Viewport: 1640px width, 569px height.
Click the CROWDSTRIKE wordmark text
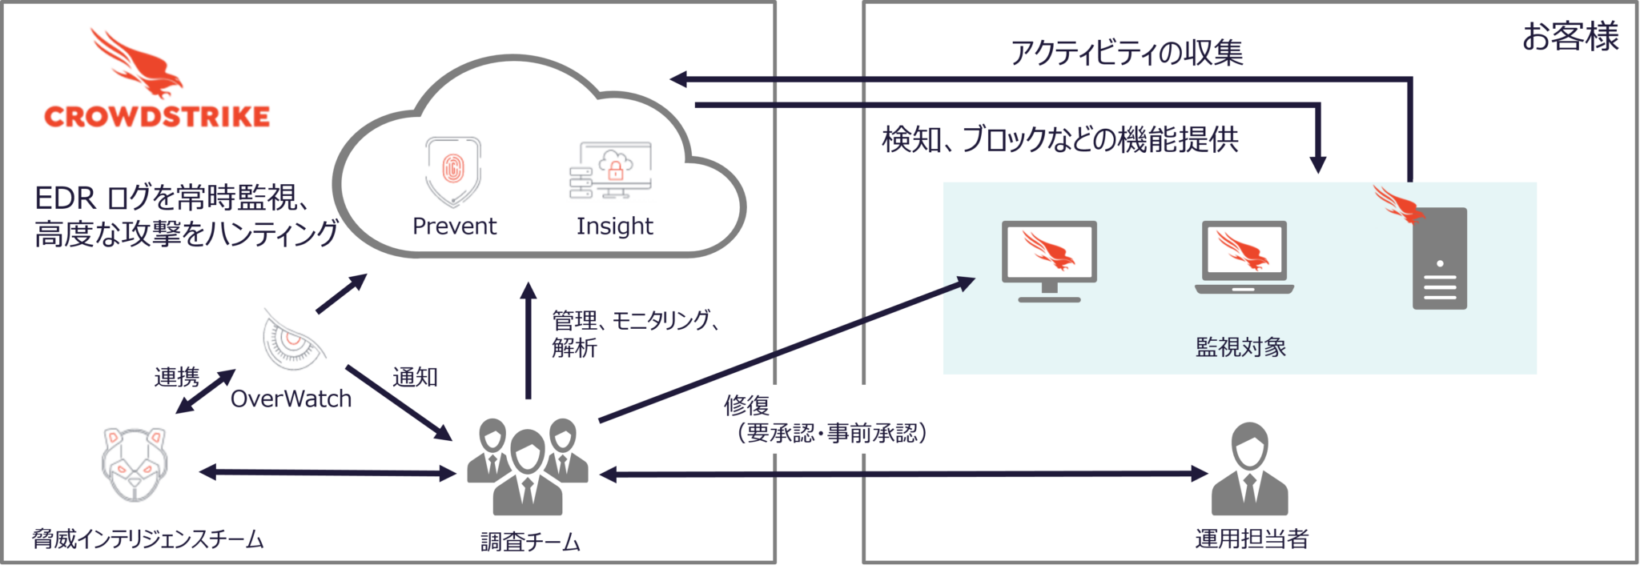(x=157, y=116)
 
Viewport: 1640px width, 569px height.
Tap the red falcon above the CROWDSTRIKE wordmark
(x=136, y=64)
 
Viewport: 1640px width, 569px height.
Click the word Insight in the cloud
(x=614, y=226)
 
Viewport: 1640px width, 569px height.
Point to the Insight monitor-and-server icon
(x=611, y=170)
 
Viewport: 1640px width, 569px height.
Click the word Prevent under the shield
(x=454, y=226)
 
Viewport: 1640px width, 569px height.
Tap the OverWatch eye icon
(x=294, y=340)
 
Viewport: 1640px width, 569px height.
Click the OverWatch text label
(x=291, y=399)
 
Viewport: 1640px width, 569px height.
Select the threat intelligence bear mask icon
(x=135, y=463)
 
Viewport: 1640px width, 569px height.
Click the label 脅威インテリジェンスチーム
(x=147, y=539)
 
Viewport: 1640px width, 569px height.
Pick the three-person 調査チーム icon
(x=527, y=467)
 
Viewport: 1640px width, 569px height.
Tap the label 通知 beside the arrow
(x=415, y=377)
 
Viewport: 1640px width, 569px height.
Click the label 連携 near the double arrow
(x=177, y=377)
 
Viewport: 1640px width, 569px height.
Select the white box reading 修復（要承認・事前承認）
(x=834, y=419)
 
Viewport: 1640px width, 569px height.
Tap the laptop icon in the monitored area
(x=1244, y=258)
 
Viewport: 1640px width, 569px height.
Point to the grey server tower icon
(x=1439, y=258)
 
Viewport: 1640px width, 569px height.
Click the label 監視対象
(x=1240, y=347)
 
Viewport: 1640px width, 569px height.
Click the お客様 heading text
(x=1570, y=37)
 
